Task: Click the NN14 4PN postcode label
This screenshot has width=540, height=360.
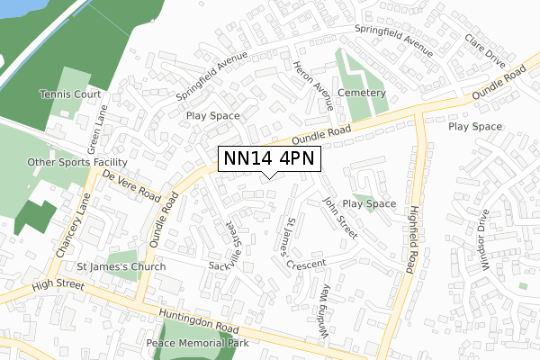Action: [x=267, y=159]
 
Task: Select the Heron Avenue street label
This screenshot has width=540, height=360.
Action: [x=313, y=85]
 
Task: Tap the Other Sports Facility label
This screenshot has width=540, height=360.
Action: [x=77, y=163]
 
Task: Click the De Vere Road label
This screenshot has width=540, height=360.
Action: [x=131, y=185]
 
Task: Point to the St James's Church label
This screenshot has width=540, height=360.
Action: [x=121, y=267]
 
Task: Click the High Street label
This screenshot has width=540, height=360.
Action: [x=56, y=286]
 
